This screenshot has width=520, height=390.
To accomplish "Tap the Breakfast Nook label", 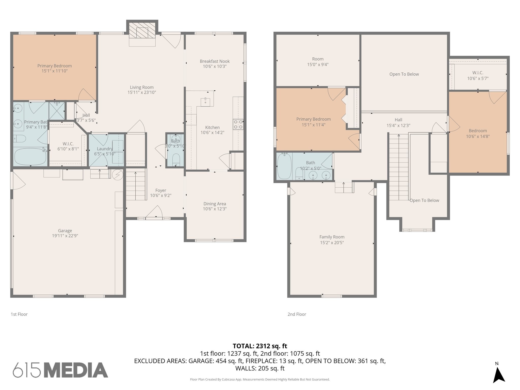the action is pos(215,61).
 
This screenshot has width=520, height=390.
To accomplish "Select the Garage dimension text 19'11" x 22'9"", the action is pos(65,236).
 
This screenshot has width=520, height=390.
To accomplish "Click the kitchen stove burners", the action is pos(238,124).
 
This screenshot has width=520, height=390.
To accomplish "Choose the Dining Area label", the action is pos(215,204).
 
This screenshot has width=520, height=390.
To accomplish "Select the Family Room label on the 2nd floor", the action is pos(332,237).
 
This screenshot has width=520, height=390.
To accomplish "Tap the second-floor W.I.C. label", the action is pos(478,73).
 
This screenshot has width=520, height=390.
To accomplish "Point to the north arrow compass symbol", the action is pos(499,373).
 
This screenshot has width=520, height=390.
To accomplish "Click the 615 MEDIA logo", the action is pos(60,370).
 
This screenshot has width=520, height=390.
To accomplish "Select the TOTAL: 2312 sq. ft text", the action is pos(260,346).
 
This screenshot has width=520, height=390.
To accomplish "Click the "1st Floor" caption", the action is pos(19,314).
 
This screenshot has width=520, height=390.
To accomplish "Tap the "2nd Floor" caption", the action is pos(297,314).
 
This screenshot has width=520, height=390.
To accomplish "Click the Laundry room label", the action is pos(105,149).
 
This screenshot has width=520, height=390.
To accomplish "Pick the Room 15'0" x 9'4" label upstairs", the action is pos(318,62).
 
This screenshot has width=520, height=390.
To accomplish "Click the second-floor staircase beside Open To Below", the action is pos(399,167).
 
